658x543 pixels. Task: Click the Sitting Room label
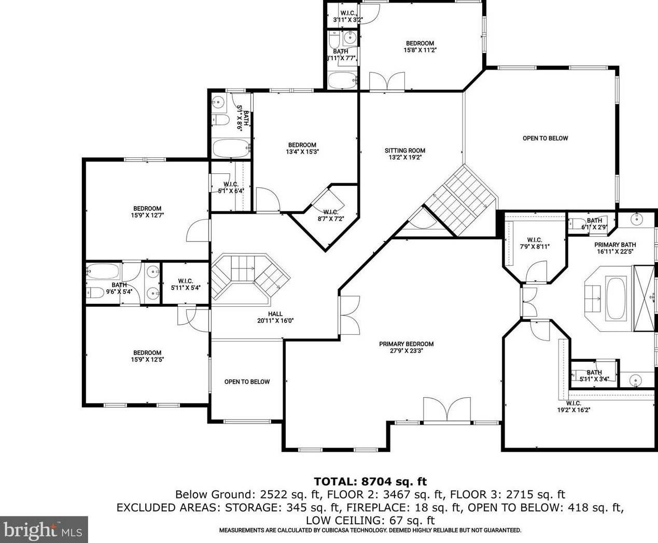point(405,154)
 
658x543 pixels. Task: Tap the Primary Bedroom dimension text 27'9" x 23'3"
point(406,350)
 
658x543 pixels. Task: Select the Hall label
point(275,317)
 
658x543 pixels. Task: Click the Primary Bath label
point(615,248)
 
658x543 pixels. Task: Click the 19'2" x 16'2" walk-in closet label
point(573,406)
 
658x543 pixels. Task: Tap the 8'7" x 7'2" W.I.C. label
point(331,215)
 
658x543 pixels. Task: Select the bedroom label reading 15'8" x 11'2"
point(420,46)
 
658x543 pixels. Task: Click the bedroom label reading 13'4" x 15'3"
point(302,148)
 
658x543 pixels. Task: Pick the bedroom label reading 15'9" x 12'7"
point(147,212)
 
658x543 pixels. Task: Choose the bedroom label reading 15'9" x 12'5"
point(147,356)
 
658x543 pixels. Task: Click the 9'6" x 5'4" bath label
point(119,289)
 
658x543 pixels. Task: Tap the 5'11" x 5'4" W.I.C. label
point(186,284)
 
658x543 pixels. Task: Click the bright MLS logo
point(43,529)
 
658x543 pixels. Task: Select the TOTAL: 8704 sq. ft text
point(370,481)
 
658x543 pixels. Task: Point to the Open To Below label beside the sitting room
point(545,138)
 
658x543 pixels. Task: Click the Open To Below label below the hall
point(247,382)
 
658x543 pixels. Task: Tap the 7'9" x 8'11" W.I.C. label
point(535,243)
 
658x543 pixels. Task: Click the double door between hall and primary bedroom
point(349,315)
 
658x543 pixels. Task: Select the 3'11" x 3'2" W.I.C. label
point(348,17)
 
